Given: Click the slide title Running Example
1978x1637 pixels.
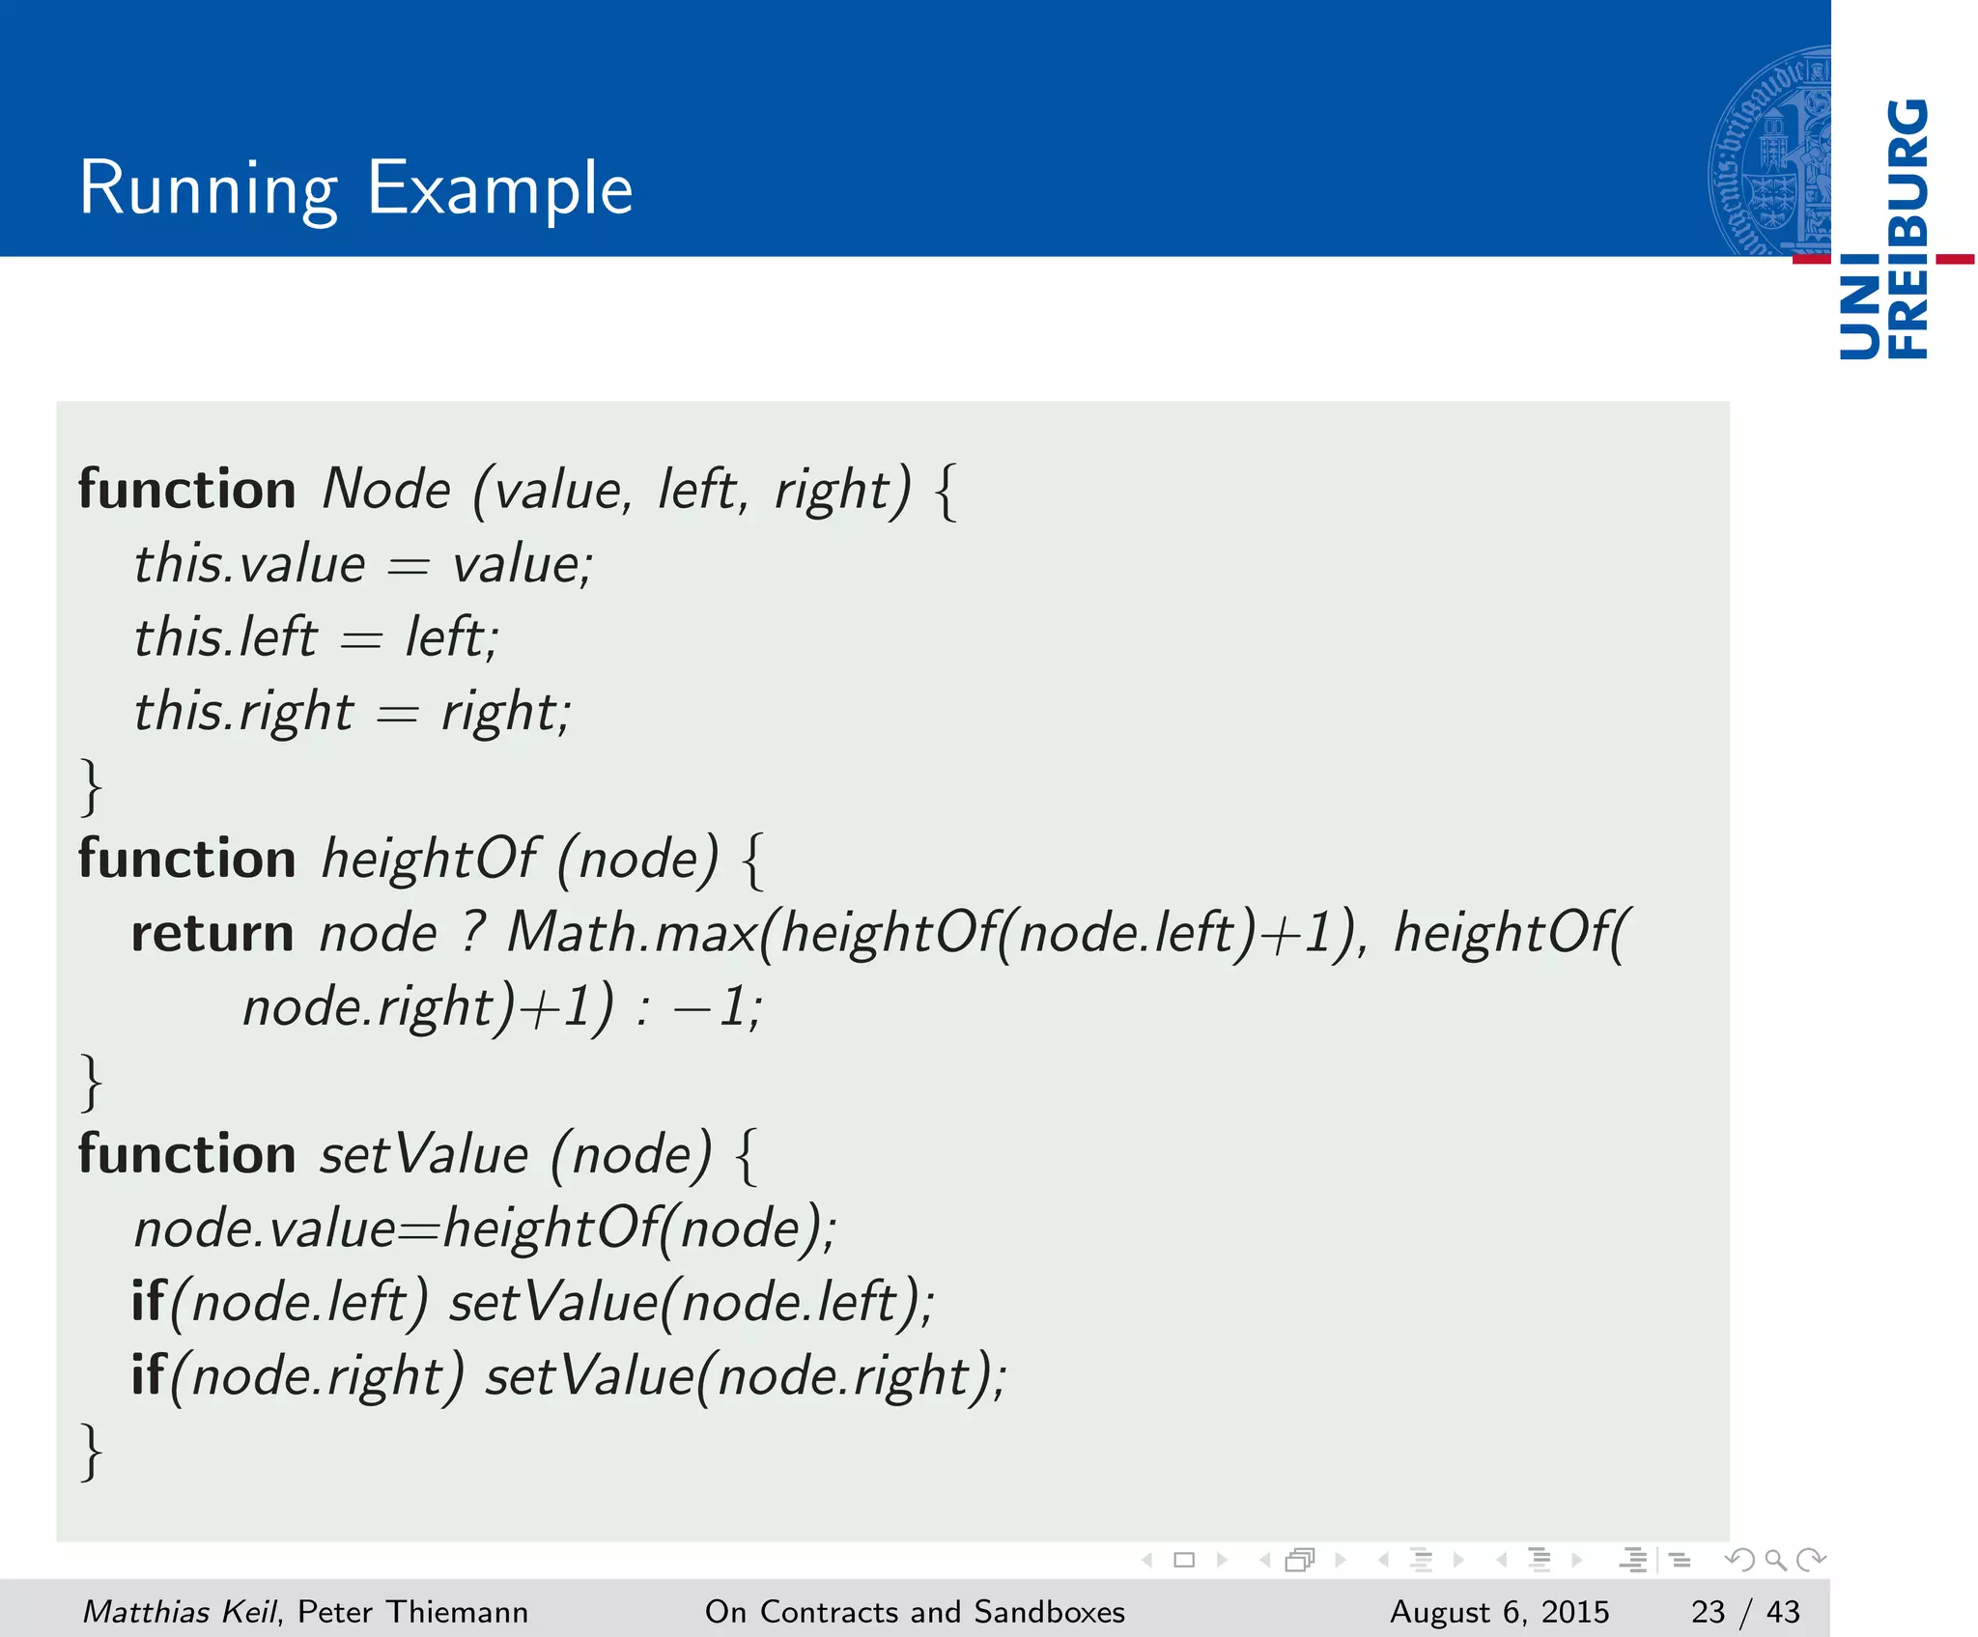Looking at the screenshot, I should point(355,187).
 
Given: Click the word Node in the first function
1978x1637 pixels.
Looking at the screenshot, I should point(386,489).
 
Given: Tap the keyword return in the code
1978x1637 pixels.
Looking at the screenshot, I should point(212,934).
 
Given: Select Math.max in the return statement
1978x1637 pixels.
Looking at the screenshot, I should point(632,934).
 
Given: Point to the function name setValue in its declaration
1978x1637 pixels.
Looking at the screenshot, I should point(424,1155).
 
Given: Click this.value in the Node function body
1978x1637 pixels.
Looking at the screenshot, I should point(249,564).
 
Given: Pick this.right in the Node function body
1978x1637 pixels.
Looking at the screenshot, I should point(243,712).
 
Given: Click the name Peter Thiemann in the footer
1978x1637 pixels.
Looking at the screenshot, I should point(412,1611).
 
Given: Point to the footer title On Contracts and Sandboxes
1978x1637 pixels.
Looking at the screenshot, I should point(915,1611).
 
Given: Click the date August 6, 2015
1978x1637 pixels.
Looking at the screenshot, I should point(1499,1611).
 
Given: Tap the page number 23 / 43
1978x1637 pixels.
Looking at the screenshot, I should point(1745,1611).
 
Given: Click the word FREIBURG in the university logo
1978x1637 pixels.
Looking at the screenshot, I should point(1907,228).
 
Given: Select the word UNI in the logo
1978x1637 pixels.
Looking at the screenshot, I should point(1859,309).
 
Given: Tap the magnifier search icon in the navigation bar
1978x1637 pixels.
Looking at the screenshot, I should point(1775,1560).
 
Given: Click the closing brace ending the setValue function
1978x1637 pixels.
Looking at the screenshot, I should point(91,1451).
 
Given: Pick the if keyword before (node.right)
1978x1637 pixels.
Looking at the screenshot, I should point(148,1375).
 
